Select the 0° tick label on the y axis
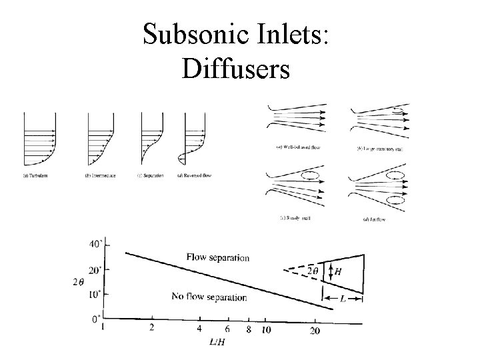pyautogui.click(x=97, y=318)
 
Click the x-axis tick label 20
pyautogui.click(x=315, y=329)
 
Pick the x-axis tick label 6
pyautogui.click(x=227, y=329)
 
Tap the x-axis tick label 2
pyautogui.click(x=153, y=328)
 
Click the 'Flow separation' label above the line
pyautogui.click(x=218, y=257)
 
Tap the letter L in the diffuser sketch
pyautogui.click(x=342, y=300)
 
